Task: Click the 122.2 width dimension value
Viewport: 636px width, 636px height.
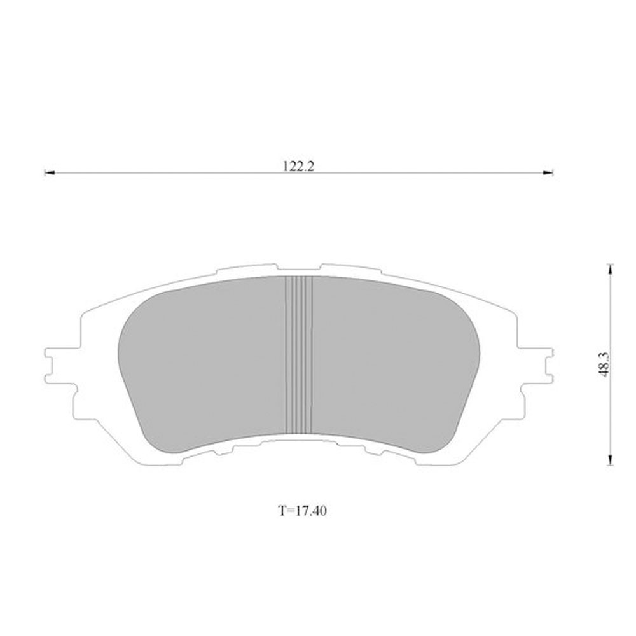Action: (x=300, y=166)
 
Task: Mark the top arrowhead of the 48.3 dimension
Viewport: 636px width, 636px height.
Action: (x=611, y=268)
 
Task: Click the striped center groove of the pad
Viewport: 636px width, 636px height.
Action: (x=299, y=356)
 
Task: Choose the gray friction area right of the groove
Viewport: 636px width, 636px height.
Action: (x=394, y=363)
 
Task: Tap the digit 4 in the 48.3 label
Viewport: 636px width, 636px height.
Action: (x=606, y=375)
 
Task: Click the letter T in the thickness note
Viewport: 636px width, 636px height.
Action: (x=281, y=510)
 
